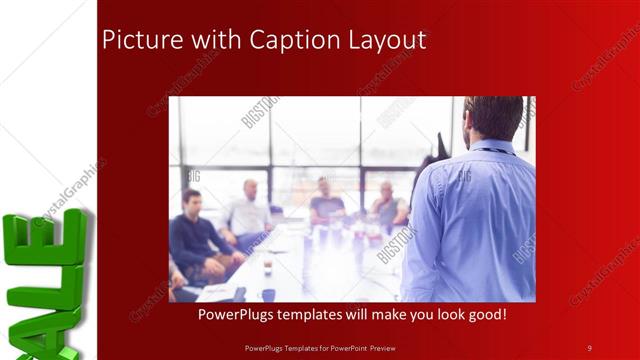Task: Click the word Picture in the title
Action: [x=136, y=41]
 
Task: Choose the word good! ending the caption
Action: [x=485, y=314]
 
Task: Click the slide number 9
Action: [x=589, y=347]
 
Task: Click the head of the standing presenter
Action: [x=492, y=118]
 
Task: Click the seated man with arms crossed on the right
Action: [x=388, y=207]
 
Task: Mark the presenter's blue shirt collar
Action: [x=491, y=147]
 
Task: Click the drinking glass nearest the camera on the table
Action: [x=268, y=267]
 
